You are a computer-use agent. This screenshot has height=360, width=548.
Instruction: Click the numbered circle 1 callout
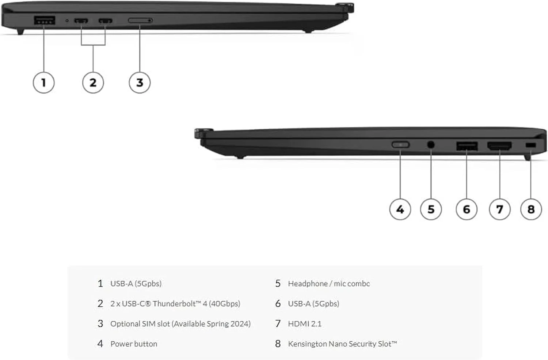[x=43, y=83]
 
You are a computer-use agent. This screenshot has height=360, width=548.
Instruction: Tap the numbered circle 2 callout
[x=93, y=83]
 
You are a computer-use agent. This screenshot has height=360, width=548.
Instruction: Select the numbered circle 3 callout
[x=140, y=83]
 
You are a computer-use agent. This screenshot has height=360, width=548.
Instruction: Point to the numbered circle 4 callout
[x=400, y=209]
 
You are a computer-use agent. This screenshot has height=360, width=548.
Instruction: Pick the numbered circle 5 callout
[x=431, y=209]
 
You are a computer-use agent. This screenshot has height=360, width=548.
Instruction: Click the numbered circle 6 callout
[x=467, y=209]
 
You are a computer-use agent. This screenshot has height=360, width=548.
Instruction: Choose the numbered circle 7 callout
[x=499, y=209]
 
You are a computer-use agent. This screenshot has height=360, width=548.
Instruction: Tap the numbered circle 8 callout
[x=531, y=209]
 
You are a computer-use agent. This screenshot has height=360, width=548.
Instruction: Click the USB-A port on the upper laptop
[x=45, y=20]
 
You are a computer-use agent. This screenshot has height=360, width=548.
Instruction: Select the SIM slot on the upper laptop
[x=140, y=20]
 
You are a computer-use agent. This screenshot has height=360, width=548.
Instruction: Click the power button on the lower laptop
[x=400, y=145]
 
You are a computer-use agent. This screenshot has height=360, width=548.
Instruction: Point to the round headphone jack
[x=431, y=145]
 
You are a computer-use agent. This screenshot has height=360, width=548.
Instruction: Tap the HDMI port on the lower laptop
[x=499, y=146]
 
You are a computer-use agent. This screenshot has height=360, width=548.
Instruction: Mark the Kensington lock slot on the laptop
[x=530, y=145]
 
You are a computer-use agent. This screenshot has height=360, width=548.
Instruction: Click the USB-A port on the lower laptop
[x=467, y=146]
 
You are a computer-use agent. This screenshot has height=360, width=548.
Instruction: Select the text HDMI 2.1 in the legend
[x=305, y=324]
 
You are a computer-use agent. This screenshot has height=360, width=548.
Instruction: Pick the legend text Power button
[x=134, y=344]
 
